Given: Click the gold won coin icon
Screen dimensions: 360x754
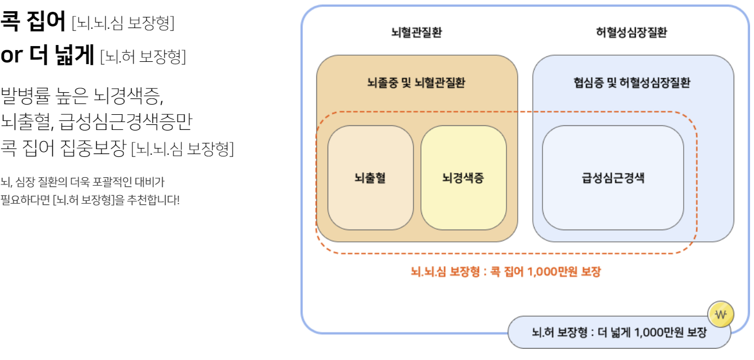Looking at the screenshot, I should (721, 314).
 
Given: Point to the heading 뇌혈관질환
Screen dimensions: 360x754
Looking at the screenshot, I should (416, 33).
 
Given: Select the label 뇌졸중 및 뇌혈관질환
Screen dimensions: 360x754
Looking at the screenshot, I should (416, 83).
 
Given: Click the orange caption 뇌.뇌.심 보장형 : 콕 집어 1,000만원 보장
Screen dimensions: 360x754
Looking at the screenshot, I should (506, 272).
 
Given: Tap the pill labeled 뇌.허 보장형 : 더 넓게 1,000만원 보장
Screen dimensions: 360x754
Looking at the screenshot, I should (619, 332).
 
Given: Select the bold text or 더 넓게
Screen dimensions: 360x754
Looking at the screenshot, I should (47, 55).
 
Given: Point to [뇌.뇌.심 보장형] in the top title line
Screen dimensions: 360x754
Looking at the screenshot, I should (123, 23).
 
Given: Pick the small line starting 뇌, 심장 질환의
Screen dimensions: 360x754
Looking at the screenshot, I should (82, 182).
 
